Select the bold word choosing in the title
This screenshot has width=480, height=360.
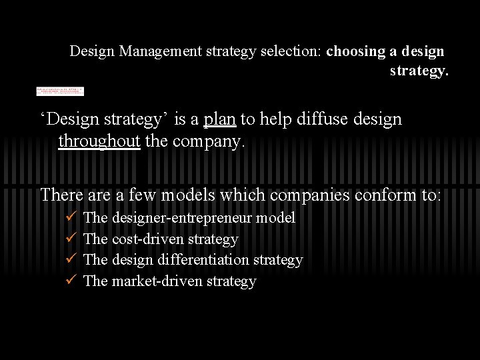click(x=355, y=51)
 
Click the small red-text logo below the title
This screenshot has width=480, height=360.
click(x=60, y=91)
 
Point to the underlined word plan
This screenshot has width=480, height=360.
click(x=219, y=119)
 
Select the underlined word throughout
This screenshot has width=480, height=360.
click(x=99, y=141)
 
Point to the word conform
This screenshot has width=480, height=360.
click(x=387, y=195)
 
